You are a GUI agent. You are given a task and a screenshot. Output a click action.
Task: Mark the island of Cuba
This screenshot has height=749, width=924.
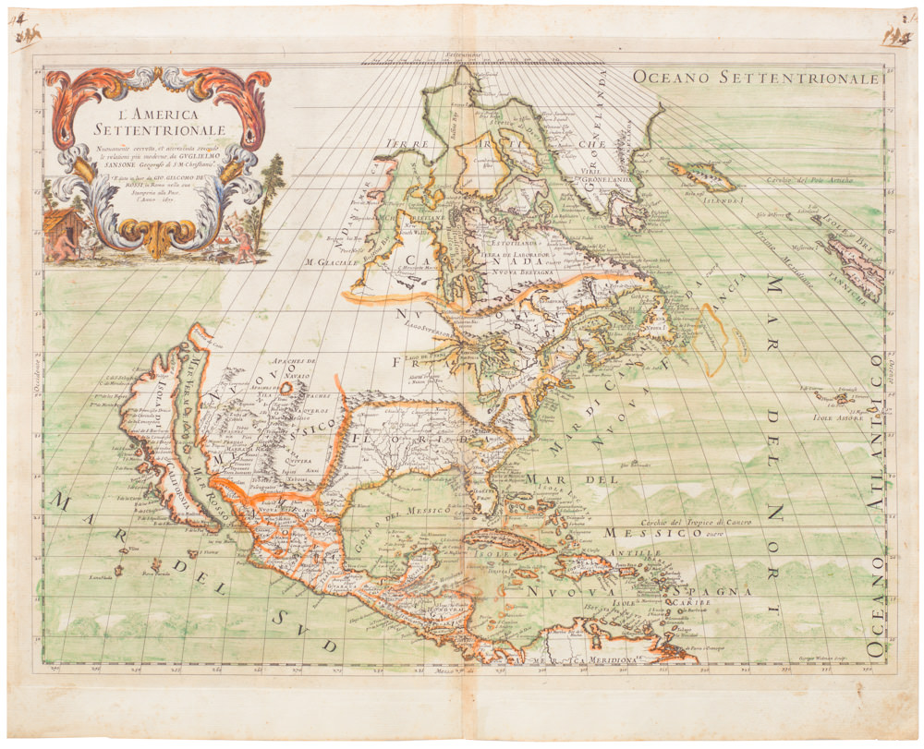click(503, 540)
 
